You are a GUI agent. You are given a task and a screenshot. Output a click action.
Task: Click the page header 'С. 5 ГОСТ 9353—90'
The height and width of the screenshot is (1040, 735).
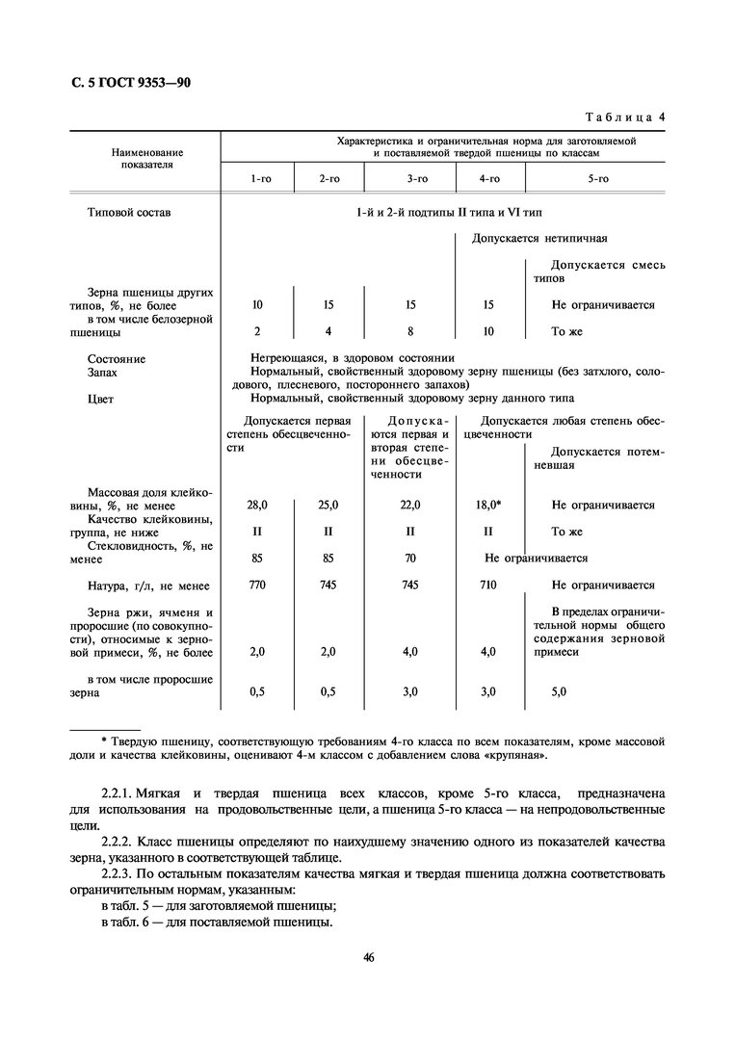(132, 83)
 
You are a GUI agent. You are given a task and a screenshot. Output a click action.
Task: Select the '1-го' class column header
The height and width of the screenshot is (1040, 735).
(257, 179)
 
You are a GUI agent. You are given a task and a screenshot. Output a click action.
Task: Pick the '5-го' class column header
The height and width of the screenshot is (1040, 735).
(598, 179)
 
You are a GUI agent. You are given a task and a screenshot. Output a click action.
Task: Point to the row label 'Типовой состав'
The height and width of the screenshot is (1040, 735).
(128, 212)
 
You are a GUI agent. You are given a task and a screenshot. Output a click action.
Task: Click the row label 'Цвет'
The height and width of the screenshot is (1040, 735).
(101, 398)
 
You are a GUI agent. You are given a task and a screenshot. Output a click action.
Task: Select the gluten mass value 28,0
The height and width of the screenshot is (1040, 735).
(257, 505)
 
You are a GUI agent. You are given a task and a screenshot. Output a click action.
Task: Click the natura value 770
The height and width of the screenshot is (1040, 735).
(257, 585)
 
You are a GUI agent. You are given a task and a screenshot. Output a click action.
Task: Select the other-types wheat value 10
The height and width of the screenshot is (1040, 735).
(257, 304)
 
